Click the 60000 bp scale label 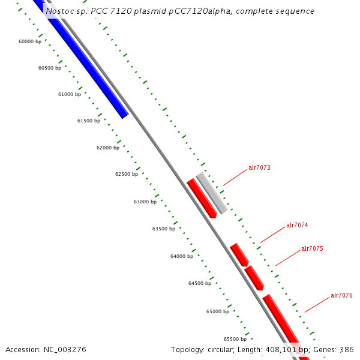pos(30,41)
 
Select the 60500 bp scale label pos(50,68)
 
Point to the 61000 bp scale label pos(70,94)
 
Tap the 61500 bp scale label pos(89,121)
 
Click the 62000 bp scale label pos(108,148)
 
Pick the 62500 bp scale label pos(127,174)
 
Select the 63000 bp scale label pos(145,202)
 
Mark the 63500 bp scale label pos(164,229)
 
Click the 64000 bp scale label pos(182,256)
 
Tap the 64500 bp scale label pos(200,283)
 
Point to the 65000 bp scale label pos(218,311)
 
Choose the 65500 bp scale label pos(235,338)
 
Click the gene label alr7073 pos(259,168)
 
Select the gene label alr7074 pos(297,226)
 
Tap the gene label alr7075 pos(312,248)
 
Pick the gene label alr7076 pos(341,295)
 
